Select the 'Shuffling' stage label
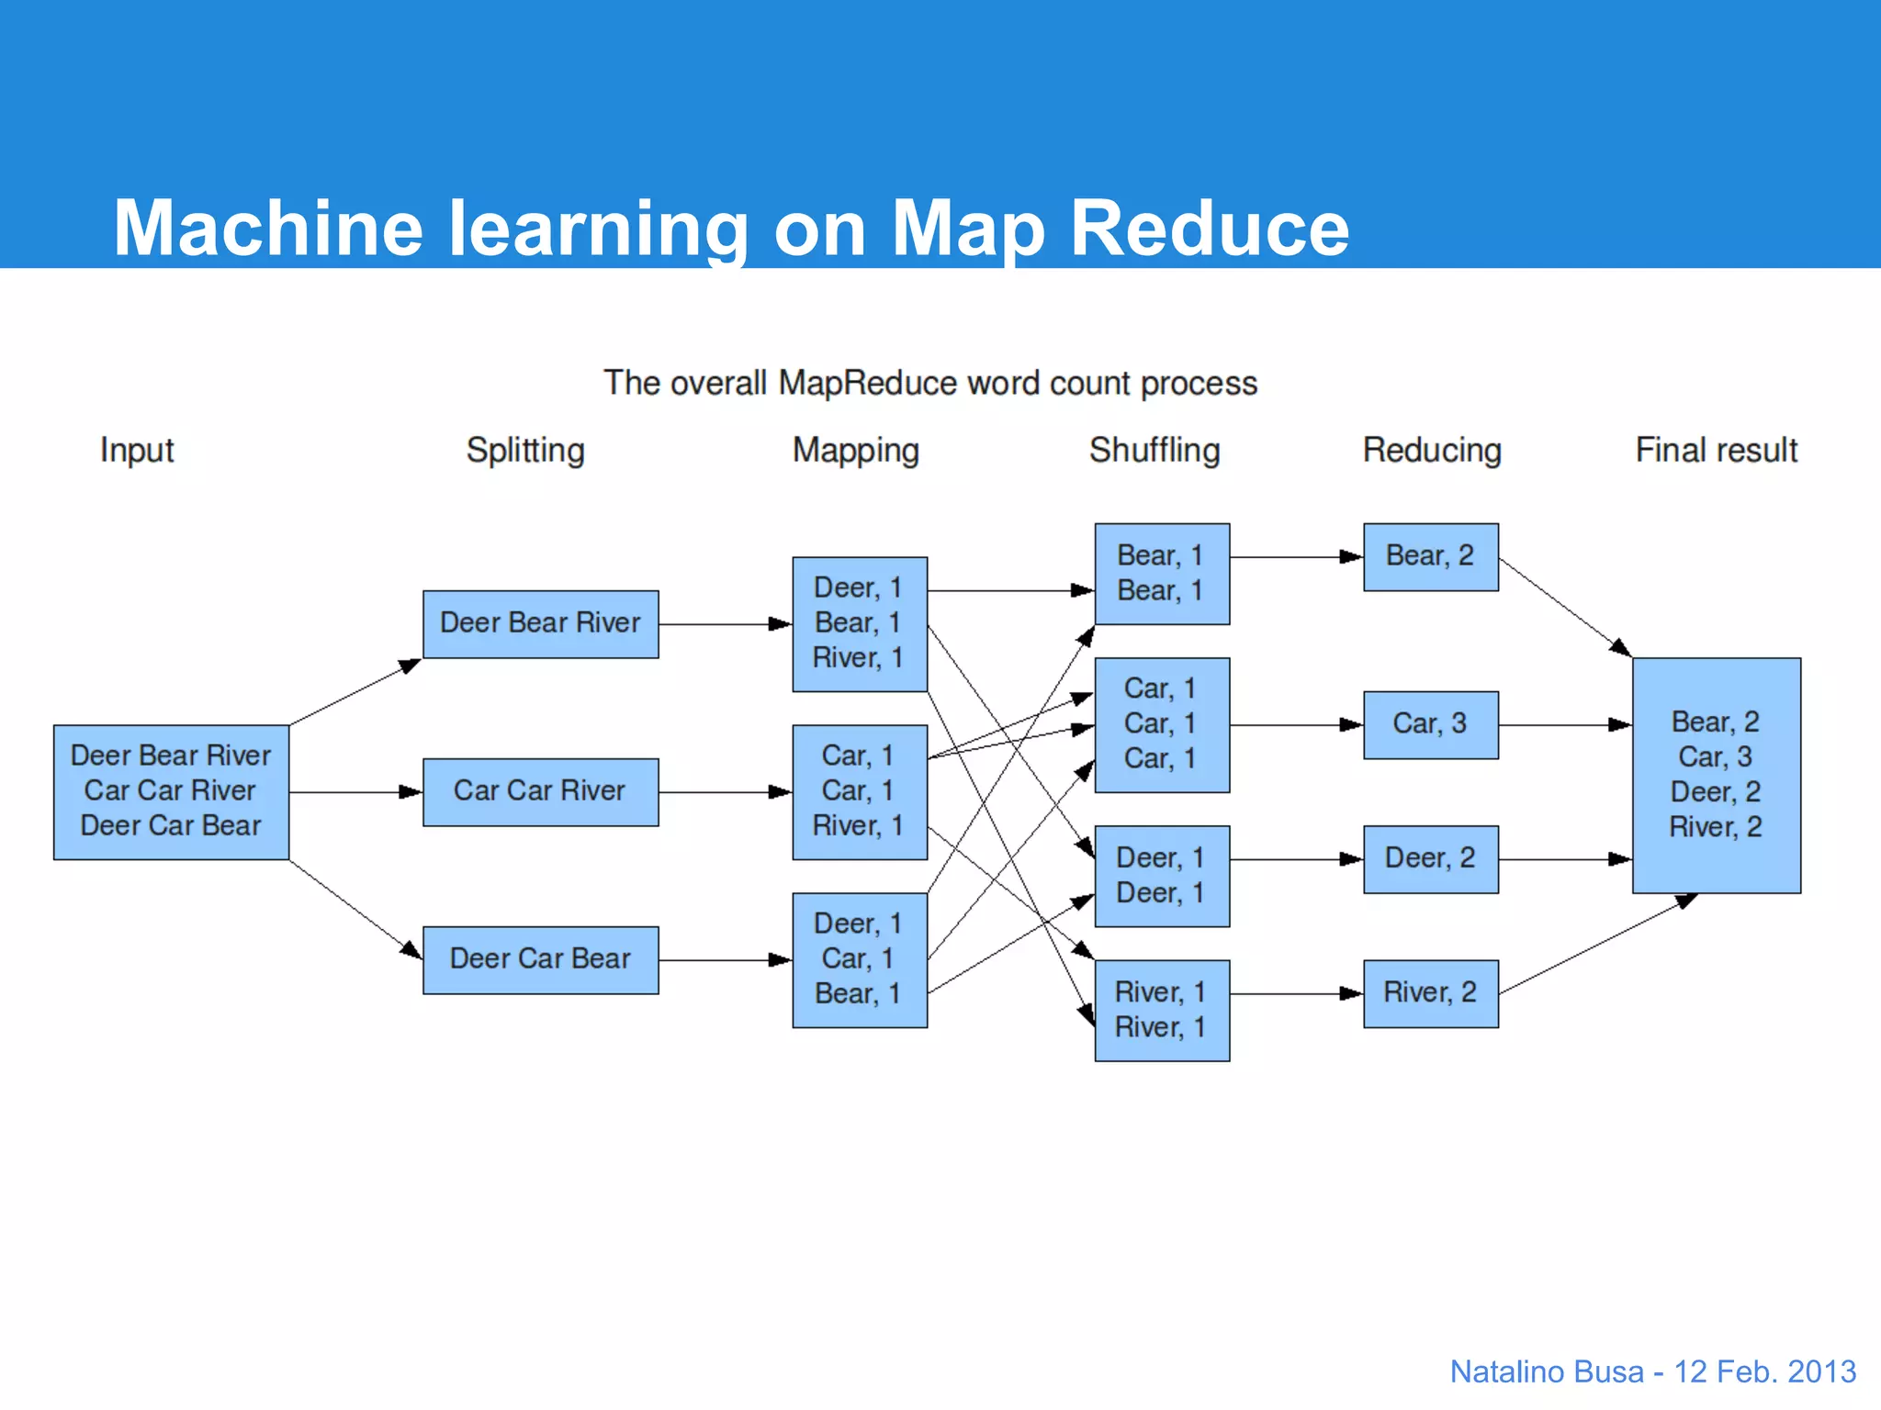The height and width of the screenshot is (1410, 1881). pyautogui.click(x=1155, y=450)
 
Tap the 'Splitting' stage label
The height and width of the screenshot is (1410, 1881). pyautogui.click(x=525, y=450)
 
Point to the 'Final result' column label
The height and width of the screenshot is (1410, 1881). pyautogui.click(x=1716, y=450)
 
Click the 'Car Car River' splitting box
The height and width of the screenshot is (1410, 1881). pyautogui.click(x=540, y=791)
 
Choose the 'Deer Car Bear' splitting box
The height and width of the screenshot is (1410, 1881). pyautogui.click(x=540, y=959)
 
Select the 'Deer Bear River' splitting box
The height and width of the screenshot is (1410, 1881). pyautogui.click(x=540, y=623)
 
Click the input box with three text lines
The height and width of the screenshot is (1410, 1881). pyautogui.click(x=171, y=791)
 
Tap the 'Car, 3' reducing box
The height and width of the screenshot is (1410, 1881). pyautogui.click(x=1430, y=724)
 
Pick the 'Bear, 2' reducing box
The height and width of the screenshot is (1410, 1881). pyautogui.click(x=1430, y=556)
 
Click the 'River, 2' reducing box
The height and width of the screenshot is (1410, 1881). pyautogui.click(x=1430, y=993)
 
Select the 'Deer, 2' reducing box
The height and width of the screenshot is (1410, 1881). pyautogui.click(x=1430, y=858)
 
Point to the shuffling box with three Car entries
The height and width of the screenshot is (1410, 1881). pyautogui.click(x=1161, y=724)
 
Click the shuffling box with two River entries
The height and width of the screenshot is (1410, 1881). pyautogui.click(x=1161, y=1010)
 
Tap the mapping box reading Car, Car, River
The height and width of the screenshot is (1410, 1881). pyautogui.click(x=859, y=791)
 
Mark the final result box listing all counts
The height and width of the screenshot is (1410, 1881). pyautogui.click(x=1716, y=775)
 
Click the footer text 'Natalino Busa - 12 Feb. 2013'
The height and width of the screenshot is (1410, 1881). pyautogui.click(x=1652, y=1371)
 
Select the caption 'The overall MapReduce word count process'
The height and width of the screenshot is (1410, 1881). pyautogui.click(x=929, y=383)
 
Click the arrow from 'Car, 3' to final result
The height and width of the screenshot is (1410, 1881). pyautogui.click(x=1564, y=725)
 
